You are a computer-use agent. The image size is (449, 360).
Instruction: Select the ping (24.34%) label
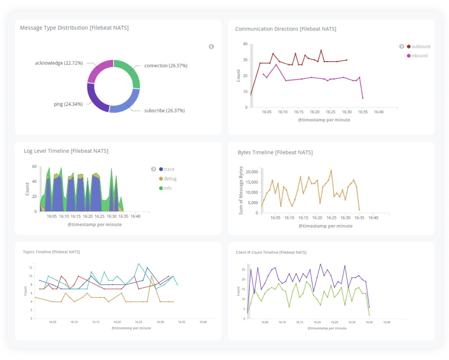point(68,104)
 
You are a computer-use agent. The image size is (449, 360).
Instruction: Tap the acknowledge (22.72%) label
point(59,63)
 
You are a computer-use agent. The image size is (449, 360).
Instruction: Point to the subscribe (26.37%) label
point(164,111)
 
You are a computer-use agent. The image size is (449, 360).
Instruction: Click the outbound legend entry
point(420,46)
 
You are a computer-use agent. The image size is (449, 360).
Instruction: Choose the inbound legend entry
point(419,56)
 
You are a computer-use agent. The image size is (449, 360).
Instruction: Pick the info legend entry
point(167,188)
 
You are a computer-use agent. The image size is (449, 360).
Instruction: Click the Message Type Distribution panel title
point(74,28)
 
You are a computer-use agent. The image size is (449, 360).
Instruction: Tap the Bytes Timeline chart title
point(275,152)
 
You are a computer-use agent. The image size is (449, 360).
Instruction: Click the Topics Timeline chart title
point(51,252)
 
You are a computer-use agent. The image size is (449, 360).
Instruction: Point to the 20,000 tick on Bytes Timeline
point(251,172)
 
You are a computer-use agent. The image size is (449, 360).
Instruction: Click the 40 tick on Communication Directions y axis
point(245,44)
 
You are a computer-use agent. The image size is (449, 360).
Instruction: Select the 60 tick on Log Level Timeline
point(34,166)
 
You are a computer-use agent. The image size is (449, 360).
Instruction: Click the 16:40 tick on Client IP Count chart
point(386,322)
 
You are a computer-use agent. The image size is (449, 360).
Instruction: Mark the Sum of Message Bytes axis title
point(241,190)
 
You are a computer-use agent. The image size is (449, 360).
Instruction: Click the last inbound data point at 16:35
point(363,98)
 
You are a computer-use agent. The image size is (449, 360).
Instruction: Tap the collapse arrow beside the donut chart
point(212,46)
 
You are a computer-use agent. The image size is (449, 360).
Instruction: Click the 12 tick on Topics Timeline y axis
point(31,267)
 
